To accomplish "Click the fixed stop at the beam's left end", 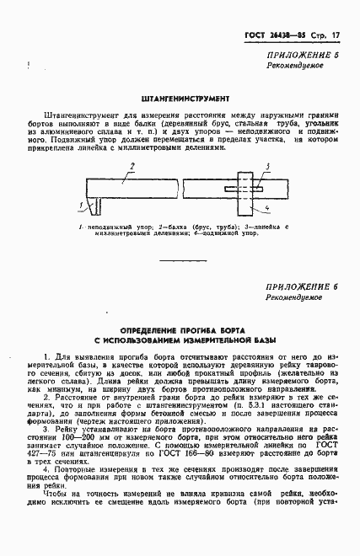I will coord(94,205).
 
